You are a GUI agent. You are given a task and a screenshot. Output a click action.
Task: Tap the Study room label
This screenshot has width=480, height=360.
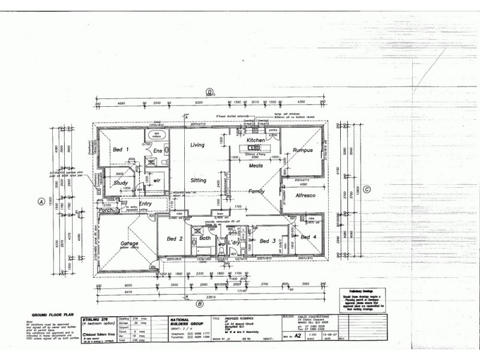[121, 183]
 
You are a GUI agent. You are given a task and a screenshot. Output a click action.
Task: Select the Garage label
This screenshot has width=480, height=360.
[130, 244]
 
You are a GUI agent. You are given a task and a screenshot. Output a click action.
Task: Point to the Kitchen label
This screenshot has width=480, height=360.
[256, 140]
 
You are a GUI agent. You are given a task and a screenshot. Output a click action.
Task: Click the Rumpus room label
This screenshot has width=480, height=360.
[303, 150]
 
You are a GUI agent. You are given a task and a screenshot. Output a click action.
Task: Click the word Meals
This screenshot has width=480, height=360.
[256, 166]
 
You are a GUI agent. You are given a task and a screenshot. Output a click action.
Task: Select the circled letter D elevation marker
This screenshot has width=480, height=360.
[209, 92]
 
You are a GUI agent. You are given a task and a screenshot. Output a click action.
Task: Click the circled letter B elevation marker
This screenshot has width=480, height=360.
[199, 304]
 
